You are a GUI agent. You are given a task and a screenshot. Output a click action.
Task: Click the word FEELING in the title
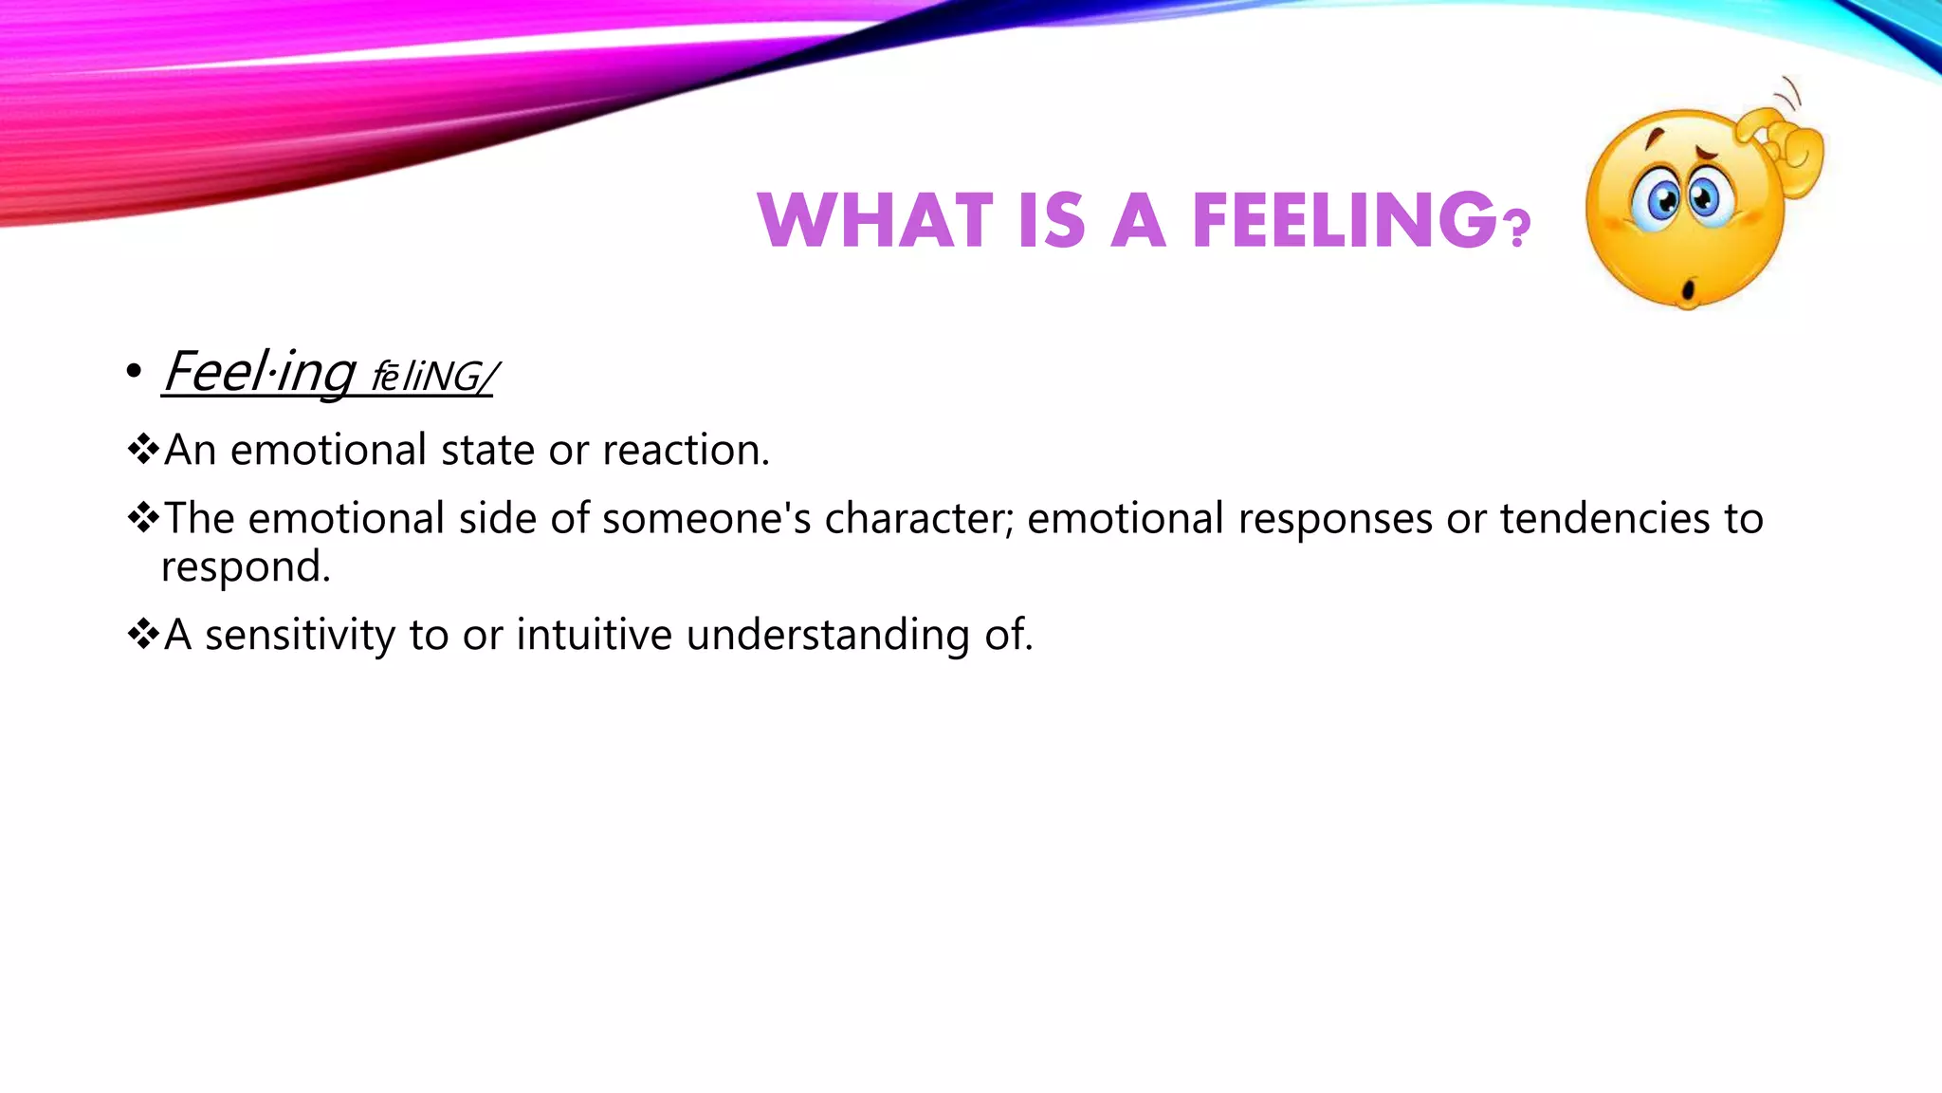[x=1345, y=220]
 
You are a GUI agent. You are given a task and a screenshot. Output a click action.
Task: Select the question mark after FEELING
[x=1518, y=229]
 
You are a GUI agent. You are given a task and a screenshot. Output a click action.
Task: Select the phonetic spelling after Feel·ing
[x=432, y=377]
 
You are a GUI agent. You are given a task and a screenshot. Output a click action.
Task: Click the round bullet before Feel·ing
[x=134, y=372]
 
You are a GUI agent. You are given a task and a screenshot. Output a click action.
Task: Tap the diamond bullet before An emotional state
[x=143, y=449]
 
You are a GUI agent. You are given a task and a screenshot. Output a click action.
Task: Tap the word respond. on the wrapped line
[x=246, y=567]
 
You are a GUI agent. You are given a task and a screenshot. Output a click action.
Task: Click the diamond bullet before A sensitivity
[x=143, y=634]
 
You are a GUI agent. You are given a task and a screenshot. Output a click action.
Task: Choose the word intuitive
[x=594, y=634]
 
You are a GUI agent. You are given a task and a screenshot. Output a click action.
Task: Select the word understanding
[x=827, y=636]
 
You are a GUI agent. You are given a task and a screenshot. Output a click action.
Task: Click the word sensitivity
[x=300, y=636]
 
